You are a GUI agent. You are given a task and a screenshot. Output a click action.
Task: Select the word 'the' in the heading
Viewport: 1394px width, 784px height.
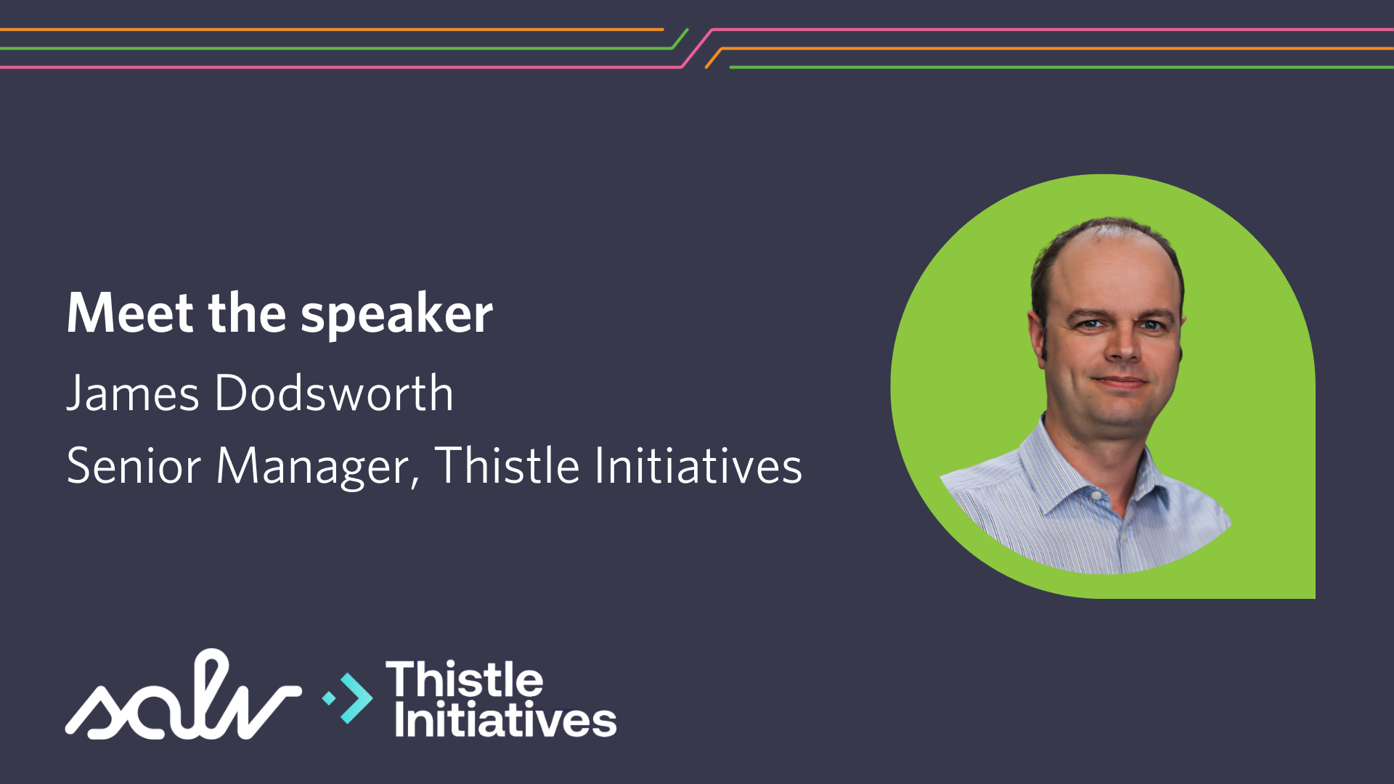pos(247,313)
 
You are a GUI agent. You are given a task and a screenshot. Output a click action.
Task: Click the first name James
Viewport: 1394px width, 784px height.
pos(133,393)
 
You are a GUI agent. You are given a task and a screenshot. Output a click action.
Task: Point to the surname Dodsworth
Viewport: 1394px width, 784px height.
pos(334,393)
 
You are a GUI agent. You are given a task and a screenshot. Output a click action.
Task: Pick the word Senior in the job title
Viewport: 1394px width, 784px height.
pos(134,465)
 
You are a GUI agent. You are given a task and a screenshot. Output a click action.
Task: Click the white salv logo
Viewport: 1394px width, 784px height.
pos(183,695)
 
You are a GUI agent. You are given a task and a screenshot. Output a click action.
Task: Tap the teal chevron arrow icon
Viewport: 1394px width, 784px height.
pos(356,698)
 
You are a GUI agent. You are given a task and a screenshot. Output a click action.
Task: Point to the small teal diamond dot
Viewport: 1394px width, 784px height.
pos(329,698)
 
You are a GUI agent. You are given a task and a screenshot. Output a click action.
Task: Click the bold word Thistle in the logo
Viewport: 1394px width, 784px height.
pos(465,679)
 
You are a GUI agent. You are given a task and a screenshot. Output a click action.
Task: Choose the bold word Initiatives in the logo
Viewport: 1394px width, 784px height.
pos(505,719)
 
